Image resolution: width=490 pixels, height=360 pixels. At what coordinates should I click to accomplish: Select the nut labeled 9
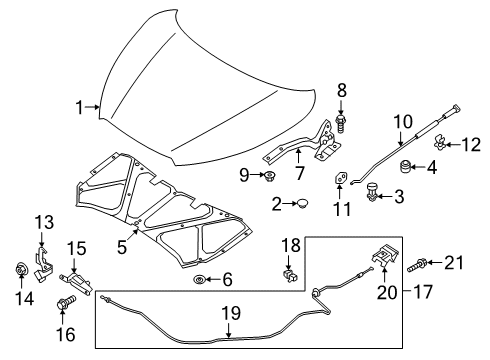point(269,178)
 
